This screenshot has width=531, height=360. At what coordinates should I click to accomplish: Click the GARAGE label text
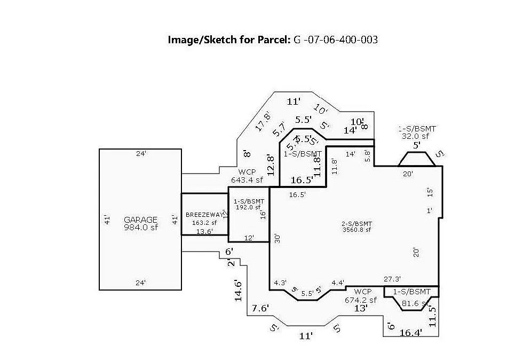click(x=141, y=220)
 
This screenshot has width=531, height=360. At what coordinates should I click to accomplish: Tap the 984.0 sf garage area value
click(x=141, y=228)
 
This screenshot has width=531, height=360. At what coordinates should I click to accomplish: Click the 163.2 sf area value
click(x=204, y=223)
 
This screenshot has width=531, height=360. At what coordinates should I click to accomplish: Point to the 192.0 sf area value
click(x=248, y=207)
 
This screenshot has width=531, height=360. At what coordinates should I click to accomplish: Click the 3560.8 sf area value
click(x=356, y=230)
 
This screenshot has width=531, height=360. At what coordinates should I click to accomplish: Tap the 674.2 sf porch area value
click(x=361, y=300)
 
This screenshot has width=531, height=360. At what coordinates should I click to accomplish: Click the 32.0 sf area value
click(x=417, y=136)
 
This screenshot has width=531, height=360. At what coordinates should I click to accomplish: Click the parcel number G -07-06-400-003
click(x=336, y=40)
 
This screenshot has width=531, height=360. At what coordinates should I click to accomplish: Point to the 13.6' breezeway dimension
click(x=204, y=231)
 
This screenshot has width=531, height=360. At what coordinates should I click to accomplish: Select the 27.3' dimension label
click(x=392, y=279)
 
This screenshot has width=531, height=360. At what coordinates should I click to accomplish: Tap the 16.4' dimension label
click(x=411, y=333)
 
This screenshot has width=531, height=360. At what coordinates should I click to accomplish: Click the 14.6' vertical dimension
click(x=239, y=291)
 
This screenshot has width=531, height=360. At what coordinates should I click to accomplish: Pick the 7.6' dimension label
click(x=260, y=308)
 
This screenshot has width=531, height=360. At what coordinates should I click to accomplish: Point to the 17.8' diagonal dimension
click(x=262, y=121)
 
